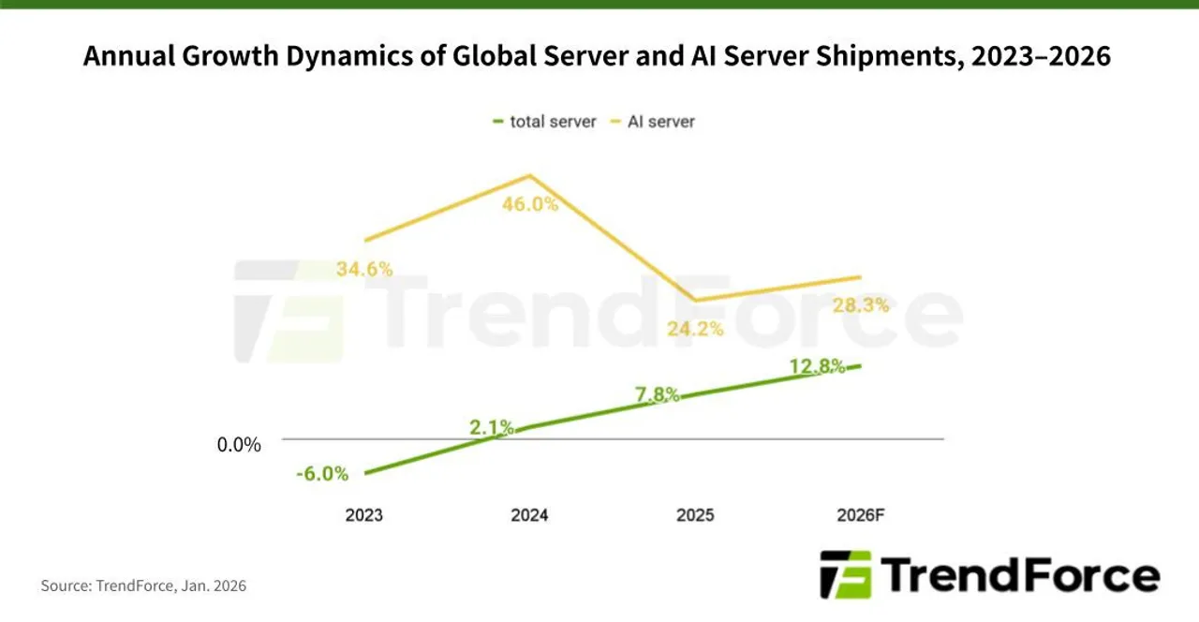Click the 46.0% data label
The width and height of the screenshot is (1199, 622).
[x=530, y=203]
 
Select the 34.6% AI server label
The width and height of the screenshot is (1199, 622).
[x=364, y=269]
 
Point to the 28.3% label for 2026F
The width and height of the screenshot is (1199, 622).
[x=860, y=305]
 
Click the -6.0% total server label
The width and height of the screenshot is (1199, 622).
[x=321, y=474]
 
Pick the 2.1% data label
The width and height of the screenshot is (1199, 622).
[x=491, y=427]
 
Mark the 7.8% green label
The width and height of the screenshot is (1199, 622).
[x=658, y=394]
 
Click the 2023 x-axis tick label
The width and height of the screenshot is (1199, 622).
[x=363, y=515]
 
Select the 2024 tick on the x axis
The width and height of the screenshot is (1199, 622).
[x=529, y=515]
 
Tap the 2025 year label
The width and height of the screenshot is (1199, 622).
[x=695, y=515]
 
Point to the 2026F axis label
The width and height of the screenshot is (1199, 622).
[x=860, y=515]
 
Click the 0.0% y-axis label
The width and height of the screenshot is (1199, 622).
[x=239, y=445]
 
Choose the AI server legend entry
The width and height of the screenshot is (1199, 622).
[x=659, y=121]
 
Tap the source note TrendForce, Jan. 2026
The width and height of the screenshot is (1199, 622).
[x=143, y=585]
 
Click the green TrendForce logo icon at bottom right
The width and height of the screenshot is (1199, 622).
[x=845, y=574]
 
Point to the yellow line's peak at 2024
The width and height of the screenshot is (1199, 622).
[x=530, y=175]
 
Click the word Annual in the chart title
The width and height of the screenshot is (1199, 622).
[x=126, y=57]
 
